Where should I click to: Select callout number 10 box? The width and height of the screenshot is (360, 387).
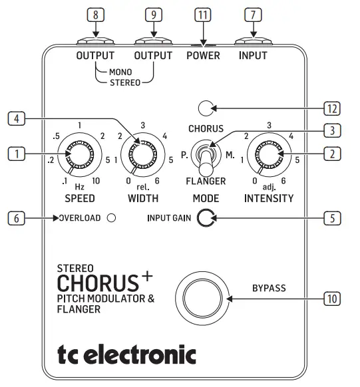point(331,299)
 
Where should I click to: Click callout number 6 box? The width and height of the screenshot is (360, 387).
point(17,217)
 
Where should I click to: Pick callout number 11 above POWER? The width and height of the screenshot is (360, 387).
point(202,13)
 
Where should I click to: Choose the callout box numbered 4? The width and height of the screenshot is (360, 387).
point(17,119)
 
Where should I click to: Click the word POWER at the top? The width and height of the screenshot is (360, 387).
point(203,56)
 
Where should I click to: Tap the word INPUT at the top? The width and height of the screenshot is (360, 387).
point(253,56)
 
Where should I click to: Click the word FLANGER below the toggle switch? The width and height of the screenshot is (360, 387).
point(206,180)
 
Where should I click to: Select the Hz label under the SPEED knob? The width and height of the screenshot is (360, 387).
point(79,188)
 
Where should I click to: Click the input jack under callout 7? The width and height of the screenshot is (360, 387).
point(253,39)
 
